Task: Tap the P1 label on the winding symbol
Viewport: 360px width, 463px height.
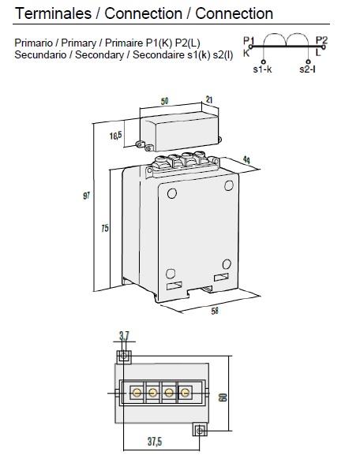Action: (x=248, y=39)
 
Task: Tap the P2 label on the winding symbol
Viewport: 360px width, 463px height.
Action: (x=321, y=39)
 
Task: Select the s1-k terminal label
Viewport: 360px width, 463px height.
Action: (x=263, y=70)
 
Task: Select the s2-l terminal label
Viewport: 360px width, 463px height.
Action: (x=309, y=70)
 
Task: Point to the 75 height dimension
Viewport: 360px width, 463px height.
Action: (x=106, y=228)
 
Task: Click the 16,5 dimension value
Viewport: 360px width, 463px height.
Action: (x=116, y=136)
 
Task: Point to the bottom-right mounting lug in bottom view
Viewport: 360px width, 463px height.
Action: (x=200, y=429)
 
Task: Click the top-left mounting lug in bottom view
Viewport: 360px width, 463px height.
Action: (x=123, y=357)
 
